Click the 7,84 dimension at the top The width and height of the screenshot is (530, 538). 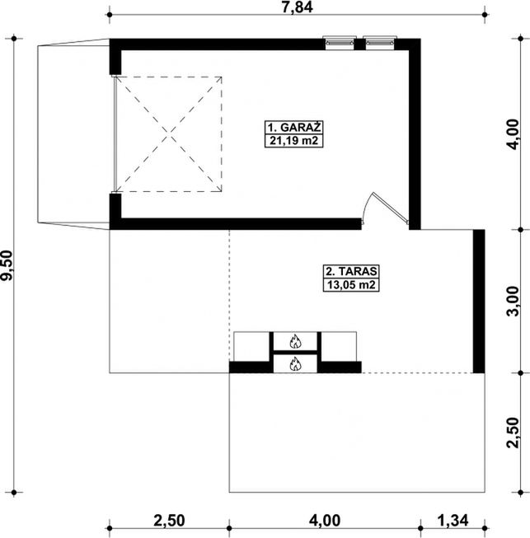(x=298, y=7)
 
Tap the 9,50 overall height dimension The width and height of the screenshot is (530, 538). (x=7, y=265)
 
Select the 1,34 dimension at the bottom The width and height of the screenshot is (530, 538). (x=453, y=521)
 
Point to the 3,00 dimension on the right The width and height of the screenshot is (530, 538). (x=514, y=301)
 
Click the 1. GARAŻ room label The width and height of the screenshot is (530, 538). (x=293, y=128)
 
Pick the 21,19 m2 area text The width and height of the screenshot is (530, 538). (x=293, y=141)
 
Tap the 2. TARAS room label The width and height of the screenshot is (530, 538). (x=351, y=271)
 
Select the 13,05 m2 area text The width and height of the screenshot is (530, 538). (x=351, y=285)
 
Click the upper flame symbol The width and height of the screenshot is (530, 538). (x=295, y=341)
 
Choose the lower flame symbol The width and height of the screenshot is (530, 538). (x=295, y=364)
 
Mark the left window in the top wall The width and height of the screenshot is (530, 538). (x=340, y=43)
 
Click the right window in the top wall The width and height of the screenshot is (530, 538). (x=380, y=43)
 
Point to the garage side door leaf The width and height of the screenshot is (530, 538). (x=391, y=208)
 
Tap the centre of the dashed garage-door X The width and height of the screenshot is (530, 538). (x=169, y=134)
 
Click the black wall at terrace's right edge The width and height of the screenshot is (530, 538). (x=479, y=302)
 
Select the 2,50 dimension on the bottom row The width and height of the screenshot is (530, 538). (x=169, y=521)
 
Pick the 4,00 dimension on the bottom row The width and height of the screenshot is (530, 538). (x=325, y=521)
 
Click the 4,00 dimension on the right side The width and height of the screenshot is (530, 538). (x=514, y=134)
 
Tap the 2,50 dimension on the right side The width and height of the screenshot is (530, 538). (x=514, y=433)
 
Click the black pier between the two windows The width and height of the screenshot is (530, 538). (x=359, y=44)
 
